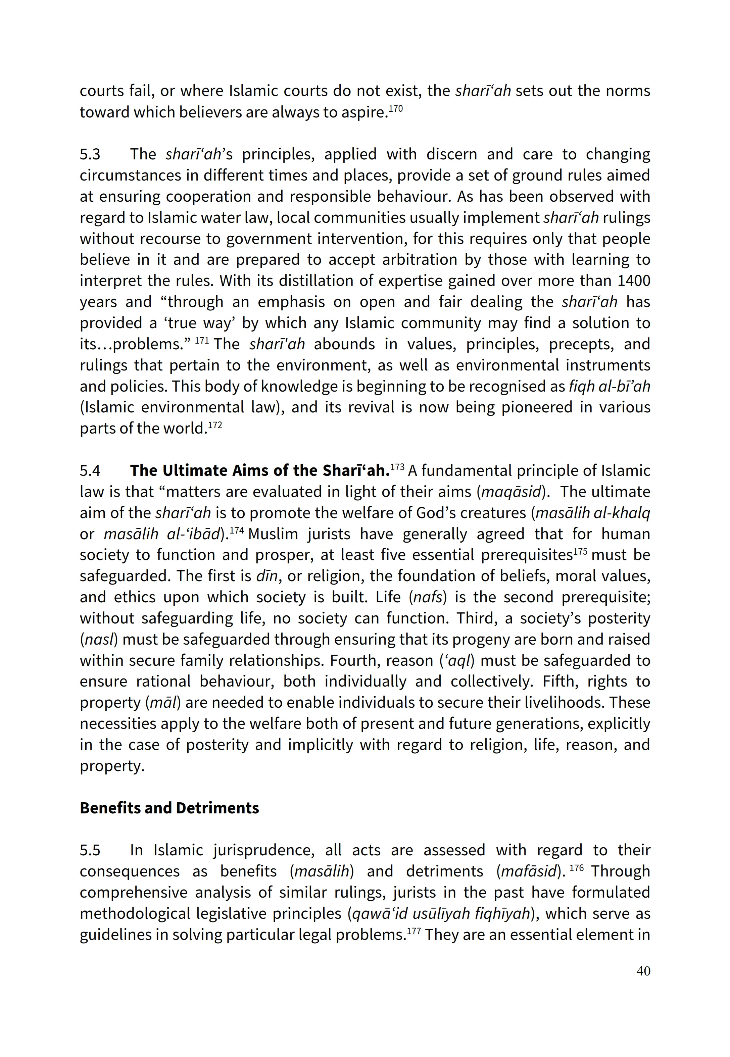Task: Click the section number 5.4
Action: tap(90, 471)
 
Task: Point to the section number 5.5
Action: tap(90, 850)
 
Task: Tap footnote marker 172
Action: tap(215, 425)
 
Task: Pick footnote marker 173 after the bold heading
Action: tap(397, 467)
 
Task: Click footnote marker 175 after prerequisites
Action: tap(580, 551)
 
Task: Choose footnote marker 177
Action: tap(414, 931)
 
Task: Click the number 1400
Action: tap(633, 281)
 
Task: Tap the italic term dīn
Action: tap(267, 576)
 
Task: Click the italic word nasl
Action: tap(98, 640)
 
